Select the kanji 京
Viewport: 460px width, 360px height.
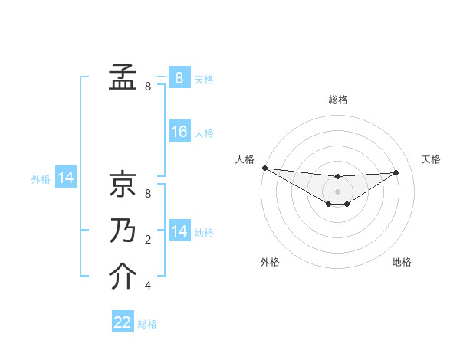click(123, 184)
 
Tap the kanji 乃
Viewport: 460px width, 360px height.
click(123, 231)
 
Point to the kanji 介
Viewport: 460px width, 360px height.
click(123, 277)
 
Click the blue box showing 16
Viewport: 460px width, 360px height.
click(179, 132)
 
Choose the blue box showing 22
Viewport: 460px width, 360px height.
click(123, 322)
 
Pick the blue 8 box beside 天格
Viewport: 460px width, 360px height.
click(179, 77)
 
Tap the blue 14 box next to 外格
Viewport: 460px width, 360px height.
click(66, 178)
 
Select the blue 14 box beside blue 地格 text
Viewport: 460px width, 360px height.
click(179, 231)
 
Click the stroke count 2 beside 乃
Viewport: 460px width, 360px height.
click(147, 240)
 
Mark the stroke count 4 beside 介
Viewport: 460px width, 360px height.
click(147, 286)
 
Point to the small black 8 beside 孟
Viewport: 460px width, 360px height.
click(147, 87)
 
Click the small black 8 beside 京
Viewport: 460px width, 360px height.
click(147, 194)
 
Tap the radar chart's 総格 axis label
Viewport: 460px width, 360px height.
click(337, 100)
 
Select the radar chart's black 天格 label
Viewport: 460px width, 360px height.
click(431, 159)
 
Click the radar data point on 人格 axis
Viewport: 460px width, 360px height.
click(264, 168)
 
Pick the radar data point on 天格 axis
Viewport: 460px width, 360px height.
click(396, 172)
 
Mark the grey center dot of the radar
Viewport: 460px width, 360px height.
click(337, 191)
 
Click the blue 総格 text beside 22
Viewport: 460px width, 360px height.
click(147, 324)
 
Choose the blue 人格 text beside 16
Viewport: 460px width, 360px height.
click(204, 133)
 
